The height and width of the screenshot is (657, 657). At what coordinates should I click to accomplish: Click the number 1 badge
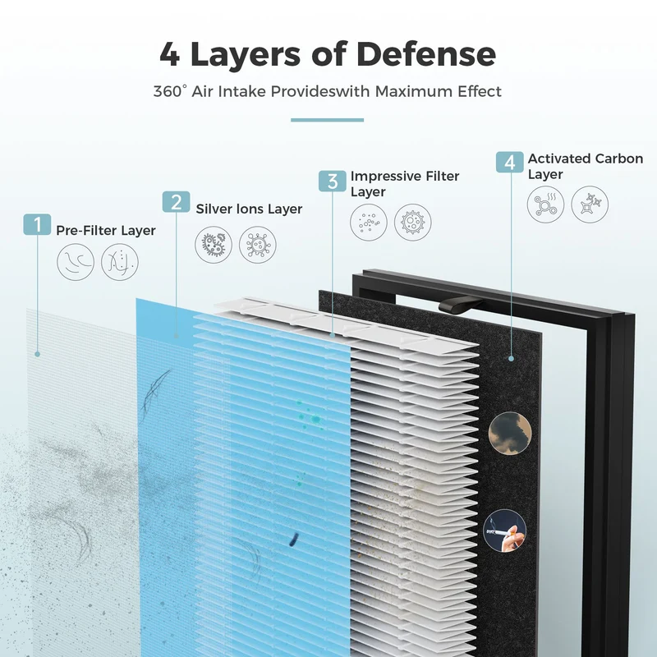click(x=37, y=224)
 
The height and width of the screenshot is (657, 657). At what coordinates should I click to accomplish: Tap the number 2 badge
click(x=176, y=202)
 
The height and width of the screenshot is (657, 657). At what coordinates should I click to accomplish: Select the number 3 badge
click(x=333, y=181)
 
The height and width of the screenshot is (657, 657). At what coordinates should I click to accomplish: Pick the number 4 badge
click(x=509, y=162)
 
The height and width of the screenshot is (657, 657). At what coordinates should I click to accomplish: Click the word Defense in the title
click(x=427, y=54)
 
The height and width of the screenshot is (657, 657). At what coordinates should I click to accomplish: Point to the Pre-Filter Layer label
click(x=106, y=231)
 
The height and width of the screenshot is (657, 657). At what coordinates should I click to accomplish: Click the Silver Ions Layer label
click(x=249, y=209)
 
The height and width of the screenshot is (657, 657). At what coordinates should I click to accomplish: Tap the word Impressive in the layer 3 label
click(x=386, y=177)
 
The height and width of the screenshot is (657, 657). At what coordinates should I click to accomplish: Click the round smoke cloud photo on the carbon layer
click(x=510, y=433)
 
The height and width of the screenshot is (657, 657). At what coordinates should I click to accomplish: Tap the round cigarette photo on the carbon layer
click(x=504, y=531)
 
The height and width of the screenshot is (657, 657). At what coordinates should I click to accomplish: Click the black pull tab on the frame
click(x=457, y=304)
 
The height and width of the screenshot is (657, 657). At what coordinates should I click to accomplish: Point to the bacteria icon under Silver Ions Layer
click(x=214, y=245)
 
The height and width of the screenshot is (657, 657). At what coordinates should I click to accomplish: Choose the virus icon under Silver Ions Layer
click(x=258, y=245)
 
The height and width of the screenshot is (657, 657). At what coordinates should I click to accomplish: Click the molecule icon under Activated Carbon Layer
click(x=545, y=204)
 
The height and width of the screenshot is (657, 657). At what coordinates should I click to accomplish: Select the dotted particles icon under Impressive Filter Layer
click(x=368, y=223)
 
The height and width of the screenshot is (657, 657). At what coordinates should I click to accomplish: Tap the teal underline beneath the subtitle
click(x=327, y=120)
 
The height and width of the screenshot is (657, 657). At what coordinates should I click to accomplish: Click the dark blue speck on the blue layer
click(x=294, y=540)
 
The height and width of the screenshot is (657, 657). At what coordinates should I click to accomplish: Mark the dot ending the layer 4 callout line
click(x=511, y=358)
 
